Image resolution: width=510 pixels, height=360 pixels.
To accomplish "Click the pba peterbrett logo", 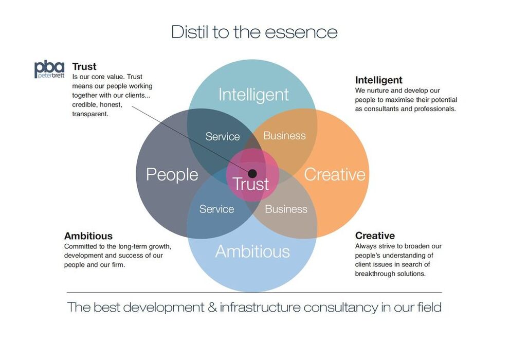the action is click(49, 69).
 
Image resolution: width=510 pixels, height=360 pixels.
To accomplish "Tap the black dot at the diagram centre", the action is click(252, 173).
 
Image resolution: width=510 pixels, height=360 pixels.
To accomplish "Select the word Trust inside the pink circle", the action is click(251, 184).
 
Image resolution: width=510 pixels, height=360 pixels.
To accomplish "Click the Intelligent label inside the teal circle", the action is click(253, 95).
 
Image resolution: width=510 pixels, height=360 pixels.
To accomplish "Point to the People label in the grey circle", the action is click(172, 174).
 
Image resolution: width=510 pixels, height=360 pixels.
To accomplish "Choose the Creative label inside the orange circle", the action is click(335, 174).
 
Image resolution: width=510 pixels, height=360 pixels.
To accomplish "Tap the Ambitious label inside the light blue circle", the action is click(252, 251).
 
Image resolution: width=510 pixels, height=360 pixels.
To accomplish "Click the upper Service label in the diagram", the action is click(223, 136).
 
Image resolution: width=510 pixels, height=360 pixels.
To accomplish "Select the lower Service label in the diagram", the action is click(216, 209).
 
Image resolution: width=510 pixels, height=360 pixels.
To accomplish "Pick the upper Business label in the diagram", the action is click(285, 136).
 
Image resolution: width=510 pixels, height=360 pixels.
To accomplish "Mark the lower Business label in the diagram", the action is click(286, 209).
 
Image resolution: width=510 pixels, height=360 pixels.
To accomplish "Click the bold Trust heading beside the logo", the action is click(84, 66).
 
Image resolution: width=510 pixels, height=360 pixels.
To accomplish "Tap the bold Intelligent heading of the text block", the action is click(378, 80).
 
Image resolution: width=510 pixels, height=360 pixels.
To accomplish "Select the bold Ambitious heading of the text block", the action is click(88, 236).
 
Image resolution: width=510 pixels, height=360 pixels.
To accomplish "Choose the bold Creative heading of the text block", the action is click(375, 236).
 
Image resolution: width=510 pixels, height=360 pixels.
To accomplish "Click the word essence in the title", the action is click(301, 32).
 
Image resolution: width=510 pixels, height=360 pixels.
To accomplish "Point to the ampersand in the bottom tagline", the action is click(212, 307).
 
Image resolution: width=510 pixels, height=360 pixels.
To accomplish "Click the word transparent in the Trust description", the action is click(90, 114).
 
